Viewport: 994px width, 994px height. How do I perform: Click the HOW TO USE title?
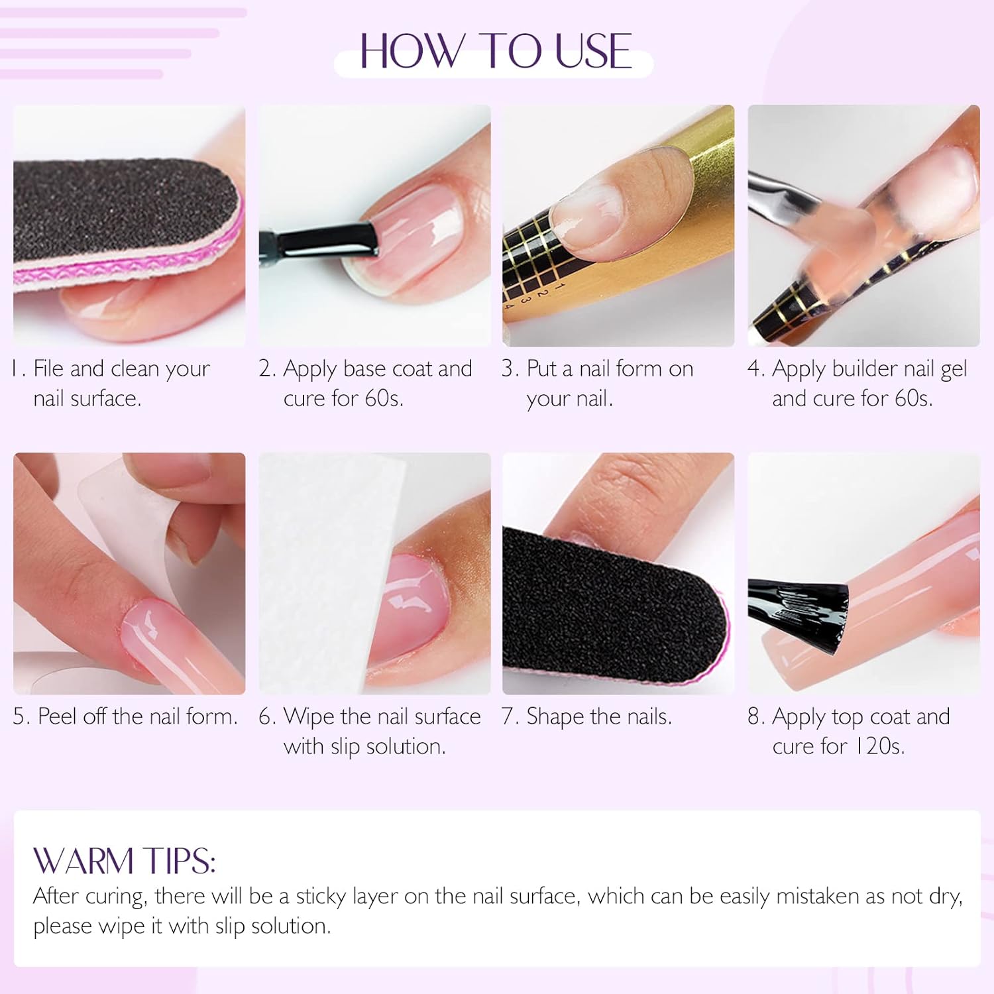coord(495,51)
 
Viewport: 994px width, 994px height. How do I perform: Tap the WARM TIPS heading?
coord(124,861)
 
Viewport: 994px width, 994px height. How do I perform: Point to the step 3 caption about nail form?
coord(598,383)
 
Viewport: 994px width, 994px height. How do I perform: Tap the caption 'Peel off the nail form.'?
coord(126,716)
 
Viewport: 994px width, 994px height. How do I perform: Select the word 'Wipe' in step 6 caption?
coord(309,716)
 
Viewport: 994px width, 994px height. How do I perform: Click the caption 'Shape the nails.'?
coord(587,716)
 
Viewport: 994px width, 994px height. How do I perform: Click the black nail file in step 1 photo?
coord(119,212)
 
